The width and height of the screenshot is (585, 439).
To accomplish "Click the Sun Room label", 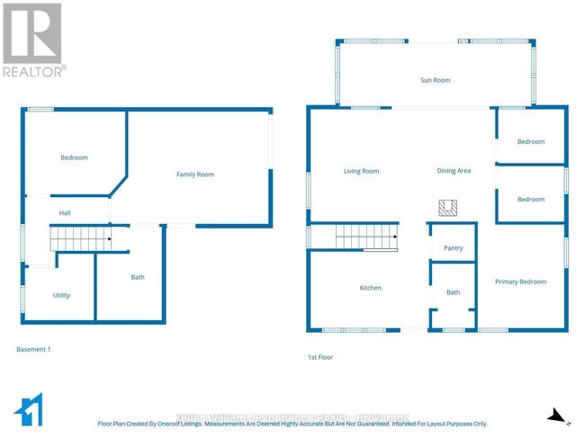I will (436, 80).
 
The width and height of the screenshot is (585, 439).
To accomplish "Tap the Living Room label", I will (361, 171).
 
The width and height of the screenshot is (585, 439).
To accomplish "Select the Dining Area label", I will (454, 171).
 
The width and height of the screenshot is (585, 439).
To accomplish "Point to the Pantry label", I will (453, 248).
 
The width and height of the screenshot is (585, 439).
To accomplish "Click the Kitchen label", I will (371, 288).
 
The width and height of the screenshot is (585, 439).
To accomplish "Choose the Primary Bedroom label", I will (520, 282).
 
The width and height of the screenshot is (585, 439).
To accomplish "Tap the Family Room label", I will (194, 175).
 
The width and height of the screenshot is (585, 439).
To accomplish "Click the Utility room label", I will (61, 295).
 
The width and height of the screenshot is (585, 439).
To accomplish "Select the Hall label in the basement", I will (65, 213).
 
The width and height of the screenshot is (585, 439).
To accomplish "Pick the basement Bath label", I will (138, 277).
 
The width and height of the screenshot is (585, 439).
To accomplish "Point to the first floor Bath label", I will (453, 292).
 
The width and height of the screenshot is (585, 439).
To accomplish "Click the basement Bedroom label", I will (74, 158).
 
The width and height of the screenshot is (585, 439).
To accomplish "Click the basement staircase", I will (79, 239).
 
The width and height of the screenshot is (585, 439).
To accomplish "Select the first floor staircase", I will (366, 237).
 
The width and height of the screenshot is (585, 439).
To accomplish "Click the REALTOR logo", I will (33, 40).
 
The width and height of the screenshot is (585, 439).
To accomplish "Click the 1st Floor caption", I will (320, 357).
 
